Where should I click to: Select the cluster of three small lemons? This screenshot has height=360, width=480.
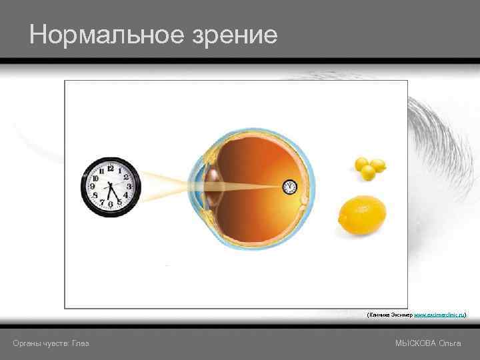pos(369,168)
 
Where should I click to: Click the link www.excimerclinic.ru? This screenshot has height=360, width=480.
pos(439,313)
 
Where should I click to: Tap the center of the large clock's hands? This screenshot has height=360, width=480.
pos(110,187)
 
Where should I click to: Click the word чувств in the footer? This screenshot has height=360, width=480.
pos(56,343)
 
